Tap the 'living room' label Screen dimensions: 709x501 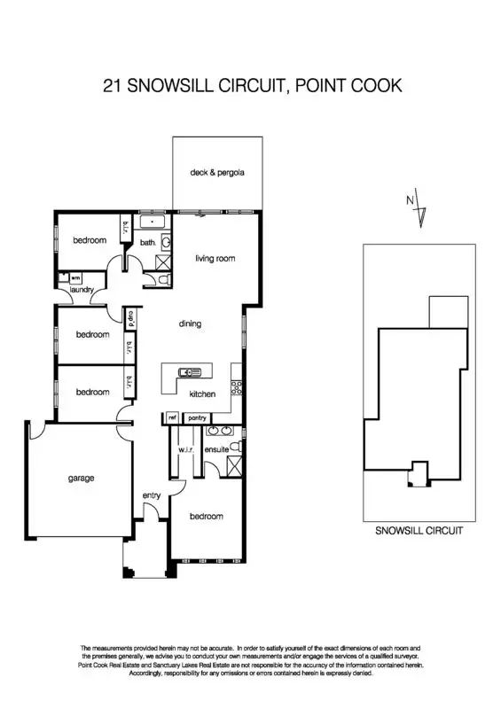click(x=215, y=259)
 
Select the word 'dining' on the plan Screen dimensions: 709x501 click(x=190, y=324)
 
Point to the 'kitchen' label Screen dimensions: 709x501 click(x=203, y=393)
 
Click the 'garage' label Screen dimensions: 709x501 click(x=81, y=479)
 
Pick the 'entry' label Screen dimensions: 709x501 click(x=152, y=495)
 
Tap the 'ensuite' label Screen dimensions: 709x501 click(x=216, y=450)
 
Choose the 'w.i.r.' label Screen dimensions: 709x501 click(x=185, y=450)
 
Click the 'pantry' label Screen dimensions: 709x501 click(x=197, y=418)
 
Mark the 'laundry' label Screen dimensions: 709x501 click(x=82, y=289)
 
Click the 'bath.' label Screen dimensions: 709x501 click(x=147, y=241)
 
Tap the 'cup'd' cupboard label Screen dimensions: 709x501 click(x=130, y=316)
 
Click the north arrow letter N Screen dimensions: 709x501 click(x=410, y=200)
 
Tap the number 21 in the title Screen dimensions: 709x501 click(x=112, y=86)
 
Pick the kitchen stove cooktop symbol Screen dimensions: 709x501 click(x=236, y=386)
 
